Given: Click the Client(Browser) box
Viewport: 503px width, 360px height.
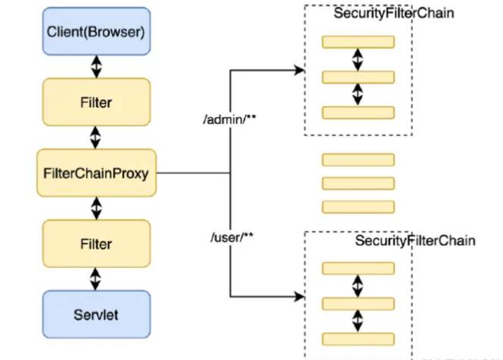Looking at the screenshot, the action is pos(96,31).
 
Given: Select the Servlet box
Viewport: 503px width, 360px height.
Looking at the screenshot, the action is pos(96,314).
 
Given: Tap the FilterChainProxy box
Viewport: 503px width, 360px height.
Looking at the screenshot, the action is pos(96,173).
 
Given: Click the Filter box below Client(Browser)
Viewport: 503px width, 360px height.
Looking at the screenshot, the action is pos(96,102).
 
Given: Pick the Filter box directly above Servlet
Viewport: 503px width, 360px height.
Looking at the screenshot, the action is pos(96,244).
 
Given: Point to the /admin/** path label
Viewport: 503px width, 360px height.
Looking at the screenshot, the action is pos(230,119).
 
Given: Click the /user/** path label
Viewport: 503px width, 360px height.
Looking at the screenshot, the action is pos(232,237).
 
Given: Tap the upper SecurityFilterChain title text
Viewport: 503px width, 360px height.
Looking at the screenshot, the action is pos(393,13).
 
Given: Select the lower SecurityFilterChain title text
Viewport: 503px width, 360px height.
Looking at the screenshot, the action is pos(415,241).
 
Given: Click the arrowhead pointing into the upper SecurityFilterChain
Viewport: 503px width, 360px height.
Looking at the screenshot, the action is pos(300,70).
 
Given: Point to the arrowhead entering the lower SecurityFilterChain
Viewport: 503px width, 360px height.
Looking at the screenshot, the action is pos(300,297).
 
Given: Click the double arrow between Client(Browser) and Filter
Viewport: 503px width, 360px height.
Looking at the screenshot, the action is pos(97,67).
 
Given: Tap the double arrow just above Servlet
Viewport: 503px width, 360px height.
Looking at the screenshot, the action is pos(95,279).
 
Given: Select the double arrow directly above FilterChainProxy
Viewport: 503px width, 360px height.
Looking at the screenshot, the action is pos(95,137).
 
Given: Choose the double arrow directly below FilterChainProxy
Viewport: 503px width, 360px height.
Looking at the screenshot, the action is pos(97,209).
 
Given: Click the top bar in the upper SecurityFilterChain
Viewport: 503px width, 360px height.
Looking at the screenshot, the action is pos(358,42).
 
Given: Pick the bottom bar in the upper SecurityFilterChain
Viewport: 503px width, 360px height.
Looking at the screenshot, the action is pos(358,113).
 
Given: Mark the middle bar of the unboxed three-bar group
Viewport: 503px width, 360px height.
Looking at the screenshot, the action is pos(358,183).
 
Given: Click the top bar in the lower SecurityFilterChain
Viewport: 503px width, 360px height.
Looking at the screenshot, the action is pos(358,268).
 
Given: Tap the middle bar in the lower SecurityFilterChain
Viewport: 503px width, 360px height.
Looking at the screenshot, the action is pos(358,304).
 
